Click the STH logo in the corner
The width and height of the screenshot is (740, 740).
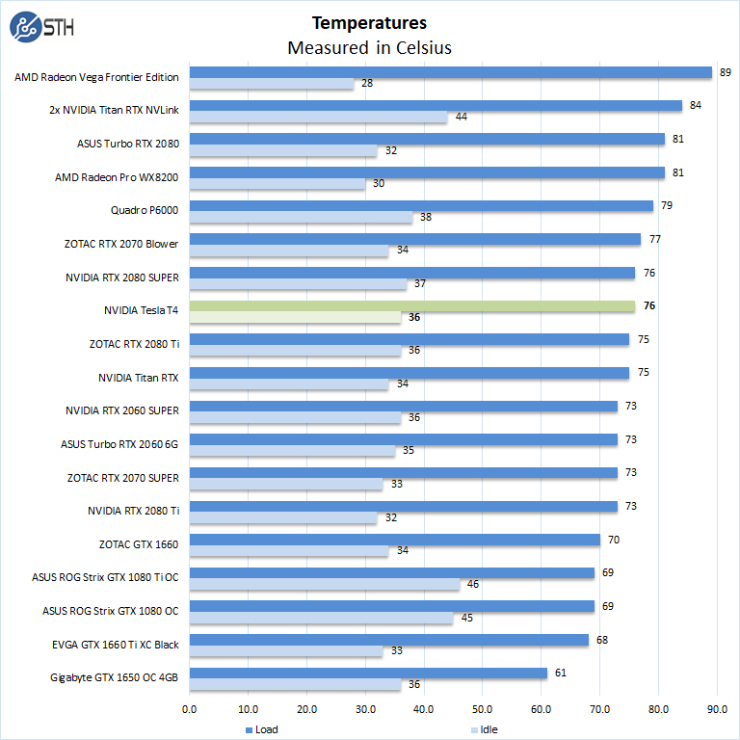[x=39, y=28]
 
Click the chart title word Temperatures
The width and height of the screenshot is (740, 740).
[x=369, y=22]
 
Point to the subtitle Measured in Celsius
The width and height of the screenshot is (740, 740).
[x=369, y=47]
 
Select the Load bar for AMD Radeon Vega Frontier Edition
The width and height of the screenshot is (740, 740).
[x=450, y=72]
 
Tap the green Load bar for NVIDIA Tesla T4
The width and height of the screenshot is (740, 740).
[x=411, y=306]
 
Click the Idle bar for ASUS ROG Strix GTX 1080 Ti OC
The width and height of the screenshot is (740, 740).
[x=324, y=584]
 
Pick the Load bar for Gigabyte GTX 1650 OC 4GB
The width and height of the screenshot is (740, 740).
[x=368, y=674]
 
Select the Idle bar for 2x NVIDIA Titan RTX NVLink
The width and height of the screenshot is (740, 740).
[x=318, y=118]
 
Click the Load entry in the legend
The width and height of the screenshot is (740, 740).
[x=261, y=729]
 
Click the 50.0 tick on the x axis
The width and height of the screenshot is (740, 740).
[x=483, y=709]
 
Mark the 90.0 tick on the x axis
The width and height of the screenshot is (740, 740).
[x=717, y=709]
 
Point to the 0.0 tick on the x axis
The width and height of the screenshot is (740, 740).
[x=190, y=709]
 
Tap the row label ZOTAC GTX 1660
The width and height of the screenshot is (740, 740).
[x=138, y=543]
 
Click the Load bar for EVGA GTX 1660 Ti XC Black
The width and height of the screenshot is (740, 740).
[x=388, y=640]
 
